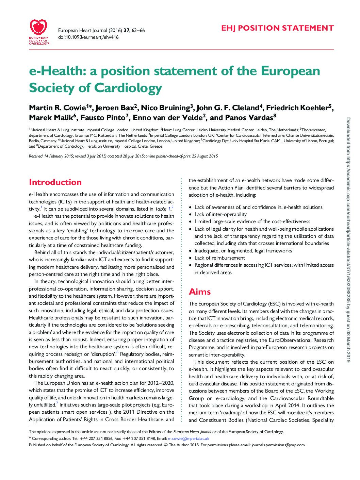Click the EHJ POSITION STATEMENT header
click(277, 28)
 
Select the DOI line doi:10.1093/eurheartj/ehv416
click(88, 37)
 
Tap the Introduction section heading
click(55, 182)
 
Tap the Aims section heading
click(200, 292)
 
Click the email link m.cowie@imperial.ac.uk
click(189, 438)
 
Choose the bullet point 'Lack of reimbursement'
click(219, 258)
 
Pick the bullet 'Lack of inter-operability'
click(220, 214)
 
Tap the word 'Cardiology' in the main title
click(128, 88)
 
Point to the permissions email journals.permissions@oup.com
click(278, 445)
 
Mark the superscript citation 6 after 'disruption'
click(117, 352)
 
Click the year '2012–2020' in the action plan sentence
click(160, 383)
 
